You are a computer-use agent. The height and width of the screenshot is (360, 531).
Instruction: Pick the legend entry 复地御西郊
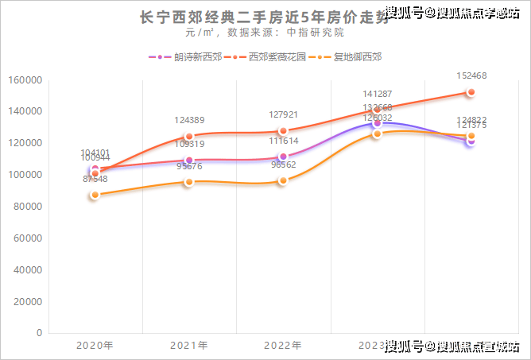(x=357, y=57)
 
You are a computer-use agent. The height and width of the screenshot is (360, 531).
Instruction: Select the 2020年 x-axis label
(x=95, y=346)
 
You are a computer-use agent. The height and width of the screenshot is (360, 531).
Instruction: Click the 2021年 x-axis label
(x=189, y=346)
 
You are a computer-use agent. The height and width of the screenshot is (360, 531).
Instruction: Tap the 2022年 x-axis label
(x=283, y=346)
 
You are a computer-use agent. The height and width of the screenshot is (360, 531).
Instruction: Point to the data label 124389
(x=189, y=121)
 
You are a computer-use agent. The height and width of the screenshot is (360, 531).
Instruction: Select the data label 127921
(x=283, y=115)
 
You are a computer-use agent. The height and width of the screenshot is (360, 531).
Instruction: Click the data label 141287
(x=377, y=94)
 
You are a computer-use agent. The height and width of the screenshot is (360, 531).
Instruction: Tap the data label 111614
(x=283, y=141)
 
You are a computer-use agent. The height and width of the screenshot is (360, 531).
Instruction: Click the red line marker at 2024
(x=471, y=92)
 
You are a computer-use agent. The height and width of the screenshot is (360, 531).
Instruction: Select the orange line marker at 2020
(x=95, y=195)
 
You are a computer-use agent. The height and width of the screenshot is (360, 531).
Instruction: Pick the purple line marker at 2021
(x=189, y=161)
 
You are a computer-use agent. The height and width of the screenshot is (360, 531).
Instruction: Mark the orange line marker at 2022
(x=283, y=181)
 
